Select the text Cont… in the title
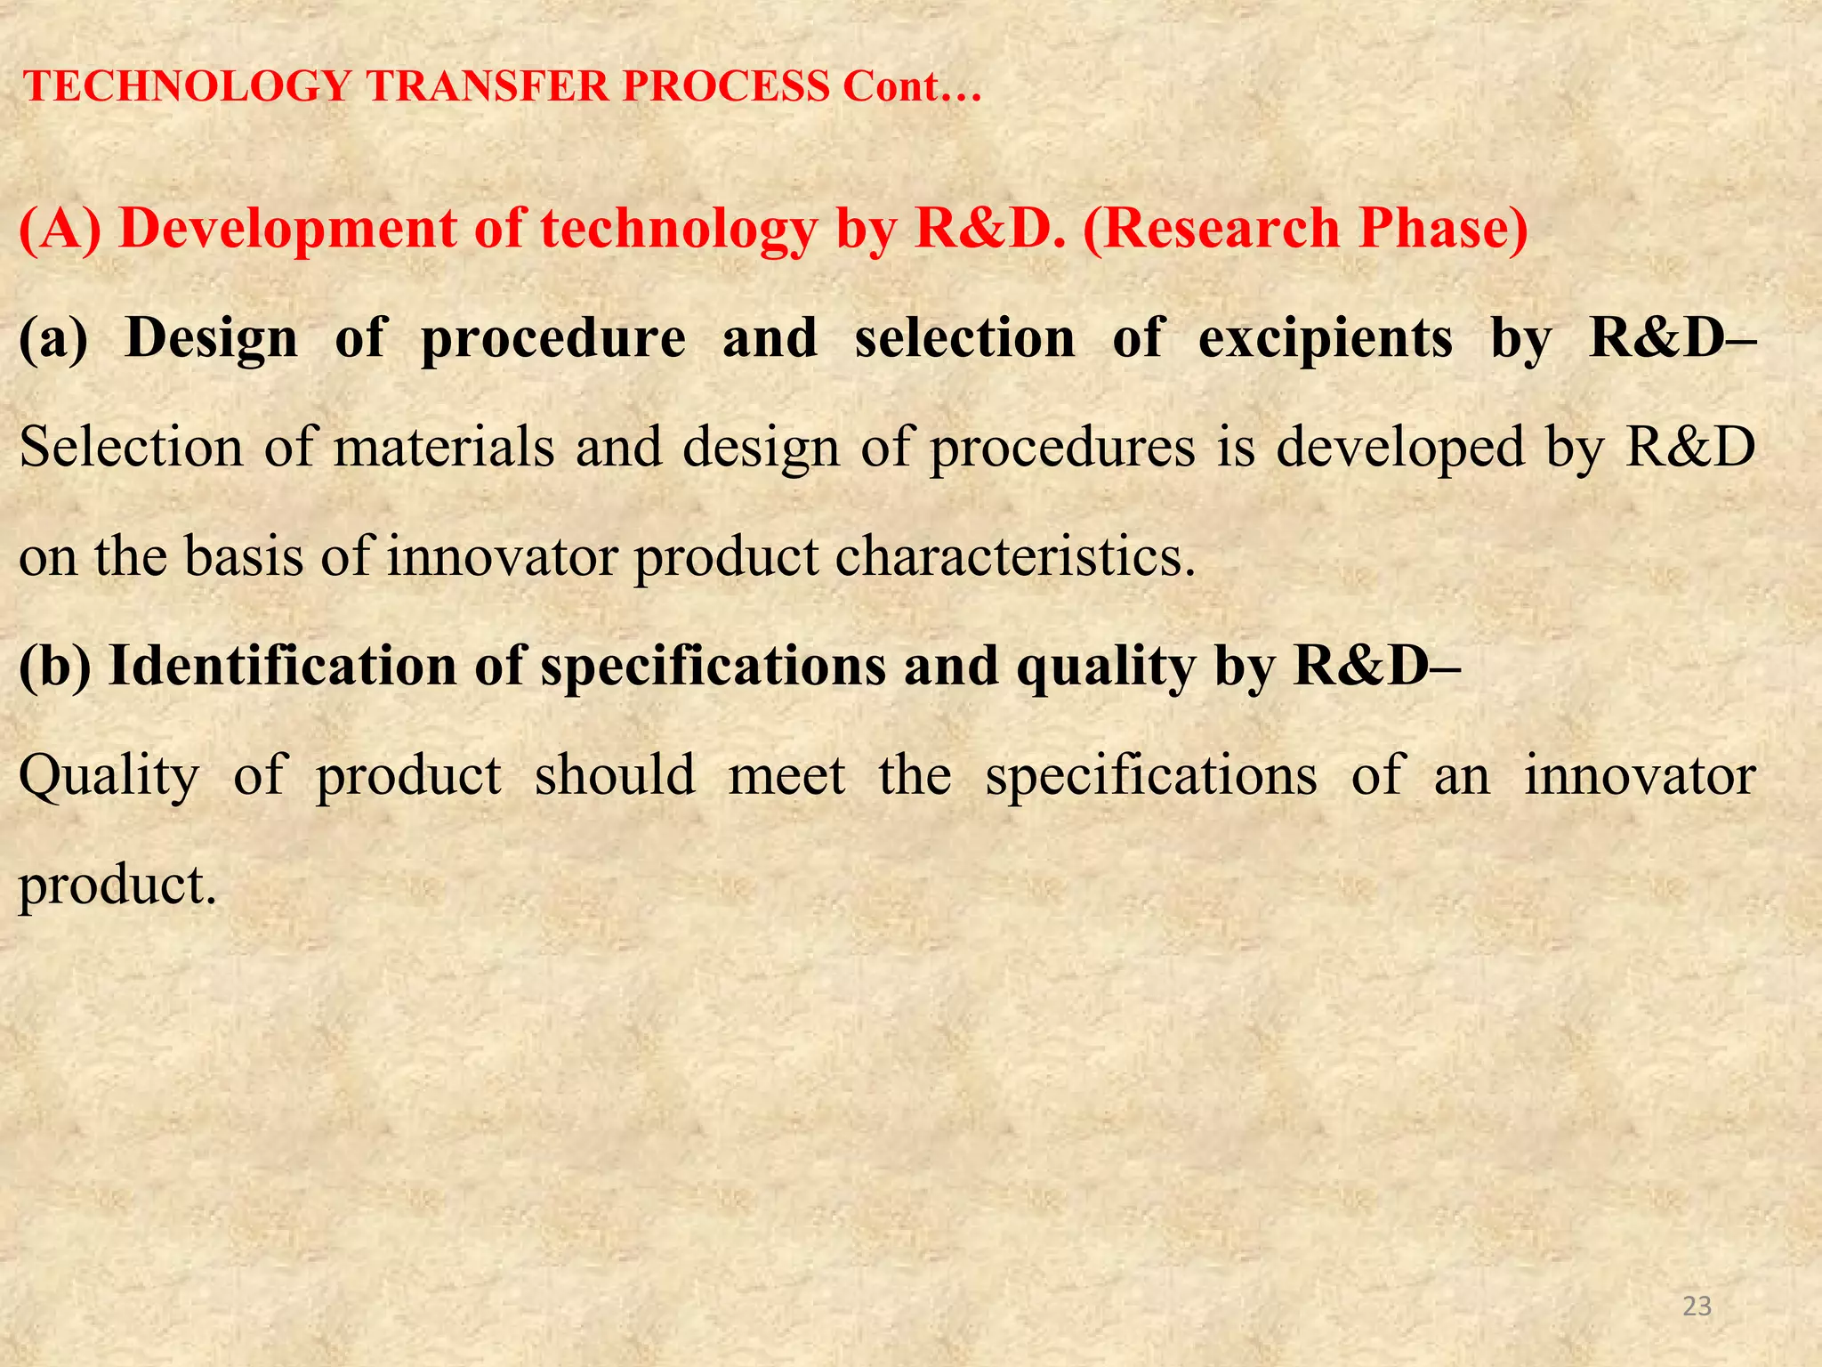click(912, 87)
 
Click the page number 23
click(1697, 1306)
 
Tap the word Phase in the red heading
click(1442, 229)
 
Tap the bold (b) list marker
click(54, 667)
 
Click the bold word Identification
click(282, 667)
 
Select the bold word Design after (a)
click(212, 339)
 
